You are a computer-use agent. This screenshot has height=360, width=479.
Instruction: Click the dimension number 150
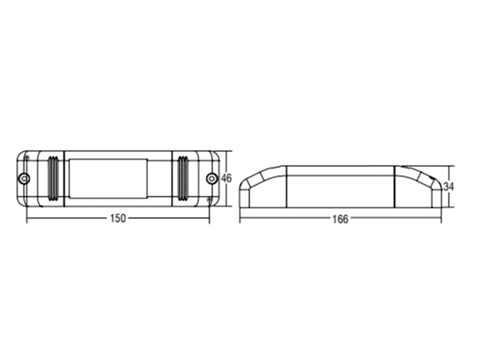point(118,218)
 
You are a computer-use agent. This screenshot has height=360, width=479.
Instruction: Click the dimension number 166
point(340,219)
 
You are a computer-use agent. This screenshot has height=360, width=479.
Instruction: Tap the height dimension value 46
point(226,178)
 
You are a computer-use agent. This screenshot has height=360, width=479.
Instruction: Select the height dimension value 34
point(448,186)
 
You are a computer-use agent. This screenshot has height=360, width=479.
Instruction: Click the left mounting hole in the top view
point(24,178)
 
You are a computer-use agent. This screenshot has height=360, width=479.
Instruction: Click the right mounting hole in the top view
point(212,178)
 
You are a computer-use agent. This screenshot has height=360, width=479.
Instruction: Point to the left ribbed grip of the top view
point(53,179)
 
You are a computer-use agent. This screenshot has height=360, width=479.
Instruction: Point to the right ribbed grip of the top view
point(183,179)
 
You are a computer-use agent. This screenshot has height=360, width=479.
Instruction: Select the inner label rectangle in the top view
point(108,178)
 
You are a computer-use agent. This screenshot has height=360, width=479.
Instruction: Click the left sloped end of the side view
point(263,187)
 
